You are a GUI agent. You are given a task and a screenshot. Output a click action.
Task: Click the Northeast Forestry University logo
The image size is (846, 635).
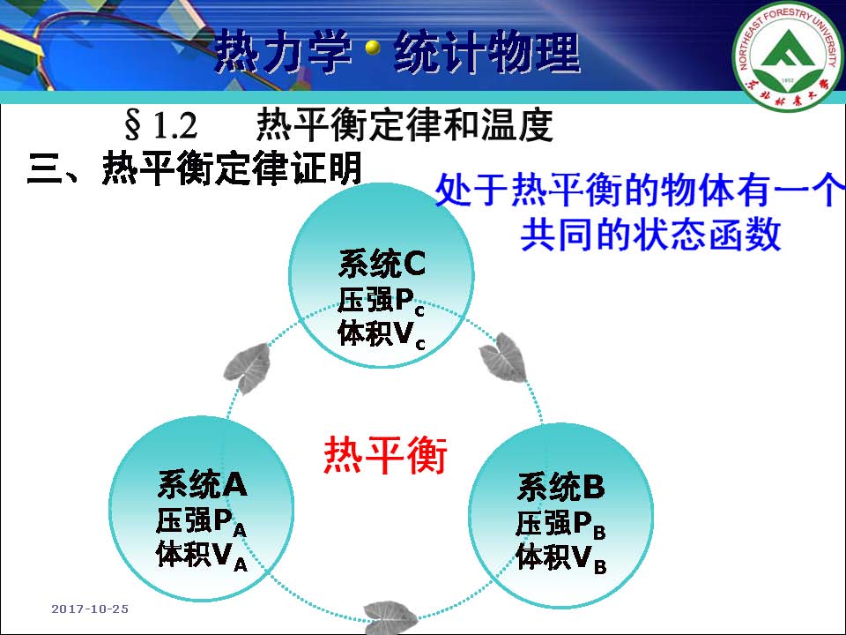pyautogui.click(x=788, y=55)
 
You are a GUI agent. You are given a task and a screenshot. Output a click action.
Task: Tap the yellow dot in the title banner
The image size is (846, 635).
pyautogui.click(x=372, y=48)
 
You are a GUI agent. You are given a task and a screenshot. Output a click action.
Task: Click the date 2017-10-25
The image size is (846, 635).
pyautogui.click(x=90, y=609)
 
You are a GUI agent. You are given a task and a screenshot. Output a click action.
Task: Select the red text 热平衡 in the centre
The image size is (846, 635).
pyautogui.click(x=385, y=455)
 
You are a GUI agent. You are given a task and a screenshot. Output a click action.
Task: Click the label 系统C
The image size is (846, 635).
pyautogui.click(x=382, y=264)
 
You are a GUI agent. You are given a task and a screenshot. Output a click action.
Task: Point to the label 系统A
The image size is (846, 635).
pyautogui.click(x=203, y=484)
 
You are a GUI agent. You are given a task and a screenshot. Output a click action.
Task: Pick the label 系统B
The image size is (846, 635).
pyautogui.click(x=561, y=487)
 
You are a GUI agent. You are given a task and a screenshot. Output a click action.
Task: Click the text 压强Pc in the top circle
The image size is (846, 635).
pyautogui.click(x=382, y=300)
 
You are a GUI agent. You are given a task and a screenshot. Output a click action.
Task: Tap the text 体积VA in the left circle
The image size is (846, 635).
pyautogui.click(x=202, y=555)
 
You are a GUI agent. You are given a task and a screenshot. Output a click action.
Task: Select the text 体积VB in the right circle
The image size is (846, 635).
pyautogui.click(x=561, y=557)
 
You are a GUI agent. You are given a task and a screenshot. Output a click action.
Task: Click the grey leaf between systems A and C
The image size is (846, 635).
pyautogui.click(x=248, y=368)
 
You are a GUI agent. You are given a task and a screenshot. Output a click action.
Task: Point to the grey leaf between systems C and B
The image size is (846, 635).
pyautogui.click(x=503, y=357)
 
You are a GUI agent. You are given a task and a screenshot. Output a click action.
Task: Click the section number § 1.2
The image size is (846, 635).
pyautogui.click(x=160, y=124)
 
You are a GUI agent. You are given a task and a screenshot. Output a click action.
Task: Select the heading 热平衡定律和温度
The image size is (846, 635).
pyautogui.click(x=404, y=124)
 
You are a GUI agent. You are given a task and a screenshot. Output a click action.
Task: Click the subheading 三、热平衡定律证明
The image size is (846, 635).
pyautogui.click(x=194, y=168)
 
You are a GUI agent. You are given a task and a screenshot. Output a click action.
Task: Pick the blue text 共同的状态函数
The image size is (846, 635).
pyautogui.click(x=650, y=234)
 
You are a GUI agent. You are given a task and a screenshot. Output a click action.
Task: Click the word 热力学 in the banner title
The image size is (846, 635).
pyautogui.click(x=283, y=52)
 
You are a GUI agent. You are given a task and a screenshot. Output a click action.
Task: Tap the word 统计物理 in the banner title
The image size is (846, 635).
pyautogui.click(x=486, y=52)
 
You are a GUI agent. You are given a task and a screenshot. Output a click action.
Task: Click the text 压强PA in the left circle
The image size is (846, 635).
pyautogui.click(x=202, y=521)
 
